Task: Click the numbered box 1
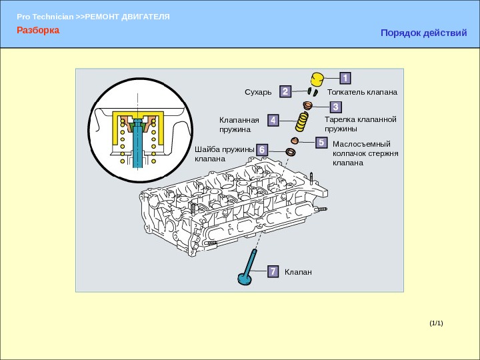point(345,77)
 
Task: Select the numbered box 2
point(285,91)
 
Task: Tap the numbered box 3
point(335,107)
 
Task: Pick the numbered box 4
point(273,120)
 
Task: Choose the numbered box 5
point(321,143)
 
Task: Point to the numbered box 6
point(263,151)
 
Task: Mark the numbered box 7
point(273,271)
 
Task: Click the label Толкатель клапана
point(363,91)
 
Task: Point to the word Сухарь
point(258,91)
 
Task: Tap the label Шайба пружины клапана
point(224,155)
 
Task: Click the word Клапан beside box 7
point(298,272)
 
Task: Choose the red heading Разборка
point(38,30)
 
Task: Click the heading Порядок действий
point(423,32)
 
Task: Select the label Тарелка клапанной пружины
point(360,124)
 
